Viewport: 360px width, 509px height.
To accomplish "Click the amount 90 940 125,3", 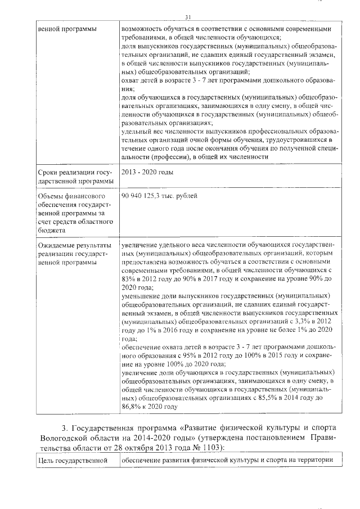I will (x=144, y=196).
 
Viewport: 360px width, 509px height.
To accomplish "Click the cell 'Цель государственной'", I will (x=72, y=460).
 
